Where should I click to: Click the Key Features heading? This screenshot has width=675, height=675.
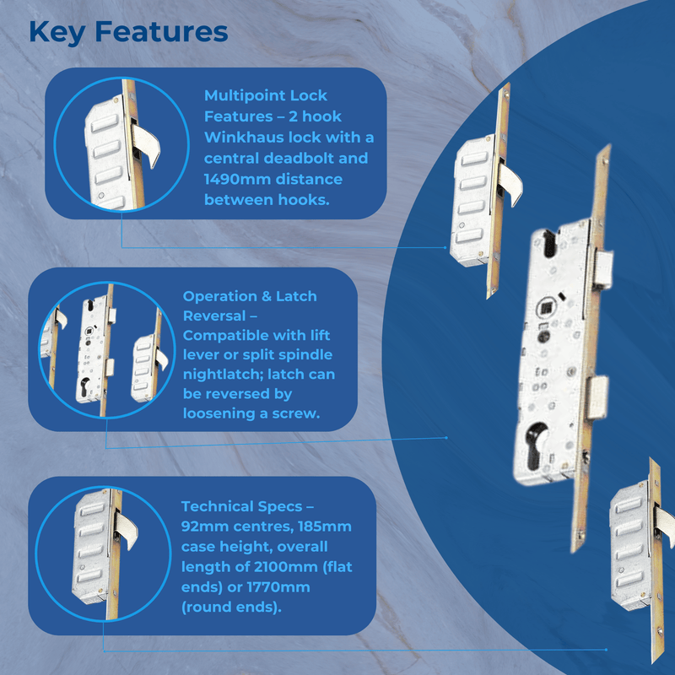tap(128, 32)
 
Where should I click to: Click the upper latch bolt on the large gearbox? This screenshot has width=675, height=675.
tap(601, 267)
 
